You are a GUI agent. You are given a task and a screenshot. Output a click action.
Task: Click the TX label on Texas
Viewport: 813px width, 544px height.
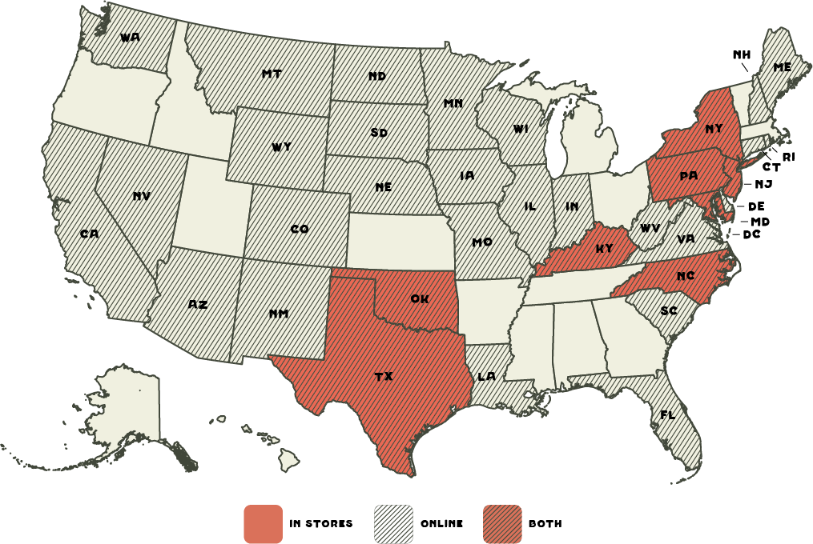[384, 376]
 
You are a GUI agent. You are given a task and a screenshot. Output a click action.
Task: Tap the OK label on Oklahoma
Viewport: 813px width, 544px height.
[419, 298]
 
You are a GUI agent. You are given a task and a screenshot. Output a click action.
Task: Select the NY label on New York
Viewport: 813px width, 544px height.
[714, 129]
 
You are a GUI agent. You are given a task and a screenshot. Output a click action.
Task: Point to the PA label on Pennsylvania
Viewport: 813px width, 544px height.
[688, 176]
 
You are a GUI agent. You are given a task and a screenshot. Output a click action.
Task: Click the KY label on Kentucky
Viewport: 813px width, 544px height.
[603, 248]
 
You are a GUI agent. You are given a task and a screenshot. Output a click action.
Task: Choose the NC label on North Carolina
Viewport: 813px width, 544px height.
[685, 277]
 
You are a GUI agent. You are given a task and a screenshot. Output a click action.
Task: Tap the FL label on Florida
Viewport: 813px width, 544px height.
[666, 415]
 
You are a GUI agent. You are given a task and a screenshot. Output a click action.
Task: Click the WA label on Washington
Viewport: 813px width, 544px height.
[130, 37]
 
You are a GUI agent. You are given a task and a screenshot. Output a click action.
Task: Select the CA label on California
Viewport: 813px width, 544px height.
[89, 234]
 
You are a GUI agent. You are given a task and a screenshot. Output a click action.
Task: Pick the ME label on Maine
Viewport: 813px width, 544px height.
[781, 68]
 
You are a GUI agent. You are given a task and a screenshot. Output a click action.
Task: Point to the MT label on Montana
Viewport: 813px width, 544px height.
[271, 74]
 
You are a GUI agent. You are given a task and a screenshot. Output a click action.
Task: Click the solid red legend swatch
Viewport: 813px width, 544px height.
[263, 524]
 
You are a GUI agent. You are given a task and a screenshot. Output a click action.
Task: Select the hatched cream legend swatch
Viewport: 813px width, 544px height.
[393, 524]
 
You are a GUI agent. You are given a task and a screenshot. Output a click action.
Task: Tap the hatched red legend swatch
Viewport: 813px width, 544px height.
[502, 524]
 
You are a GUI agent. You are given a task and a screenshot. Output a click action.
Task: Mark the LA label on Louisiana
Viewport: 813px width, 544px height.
[486, 376]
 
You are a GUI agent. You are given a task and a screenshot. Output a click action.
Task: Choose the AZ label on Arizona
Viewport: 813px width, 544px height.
[198, 305]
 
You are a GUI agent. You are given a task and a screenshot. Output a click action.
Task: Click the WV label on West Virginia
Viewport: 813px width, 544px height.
[650, 229]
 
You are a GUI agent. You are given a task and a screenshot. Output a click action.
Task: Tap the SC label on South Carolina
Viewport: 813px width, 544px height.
[669, 310]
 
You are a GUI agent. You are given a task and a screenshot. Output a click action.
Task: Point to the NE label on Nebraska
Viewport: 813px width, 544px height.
[383, 187]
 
